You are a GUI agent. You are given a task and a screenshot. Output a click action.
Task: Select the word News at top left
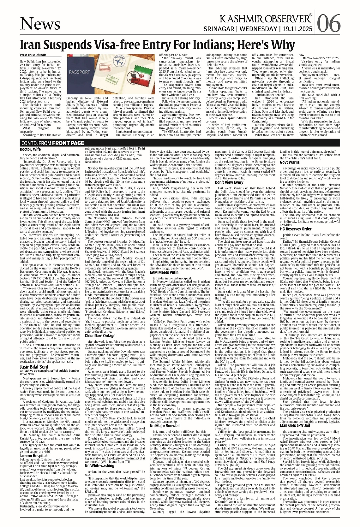40,24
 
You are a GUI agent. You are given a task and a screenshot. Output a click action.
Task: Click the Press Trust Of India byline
33,55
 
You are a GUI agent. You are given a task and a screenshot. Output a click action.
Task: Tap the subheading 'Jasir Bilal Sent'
34,367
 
